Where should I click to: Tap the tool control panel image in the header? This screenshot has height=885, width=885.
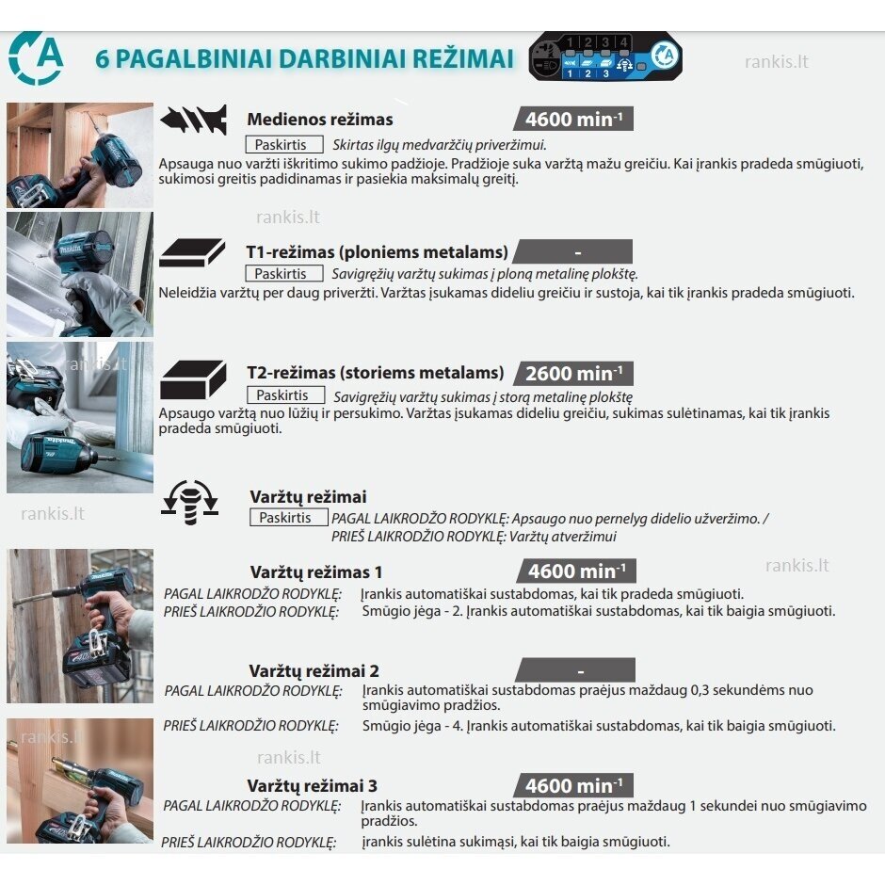(x=604, y=57)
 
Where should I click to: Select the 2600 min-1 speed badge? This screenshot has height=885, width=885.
(x=573, y=374)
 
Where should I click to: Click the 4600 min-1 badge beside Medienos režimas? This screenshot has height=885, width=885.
(x=573, y=120)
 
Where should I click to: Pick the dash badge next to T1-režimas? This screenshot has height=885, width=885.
(x=573, y=252)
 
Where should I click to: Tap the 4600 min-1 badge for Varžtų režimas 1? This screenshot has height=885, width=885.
(x=576, y=571)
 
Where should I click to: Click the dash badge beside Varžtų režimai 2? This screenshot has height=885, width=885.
(x=576, y=670)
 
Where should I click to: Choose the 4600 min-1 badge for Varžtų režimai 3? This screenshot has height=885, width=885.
(x=573, y=785)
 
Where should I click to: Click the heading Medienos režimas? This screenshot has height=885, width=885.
(x=320, y=120)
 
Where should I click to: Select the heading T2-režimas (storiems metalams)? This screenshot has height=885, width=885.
(x=376, y=373)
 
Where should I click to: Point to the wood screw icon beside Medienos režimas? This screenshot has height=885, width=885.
(x=194, y=120)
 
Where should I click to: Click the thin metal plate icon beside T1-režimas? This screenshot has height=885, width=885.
(x=192, y=252)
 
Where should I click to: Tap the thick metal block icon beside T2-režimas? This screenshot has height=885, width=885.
(x=193, y=378)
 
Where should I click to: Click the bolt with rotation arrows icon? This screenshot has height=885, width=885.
(x=190, y=501)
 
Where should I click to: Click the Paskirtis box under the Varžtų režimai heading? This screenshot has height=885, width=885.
(x=288, y=518)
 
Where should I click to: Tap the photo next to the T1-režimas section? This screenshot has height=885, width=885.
(x=80, y=274)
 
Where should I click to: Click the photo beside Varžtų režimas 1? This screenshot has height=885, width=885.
(x=80, y=626)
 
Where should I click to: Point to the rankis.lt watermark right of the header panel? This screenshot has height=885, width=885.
(x=776, y=62)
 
